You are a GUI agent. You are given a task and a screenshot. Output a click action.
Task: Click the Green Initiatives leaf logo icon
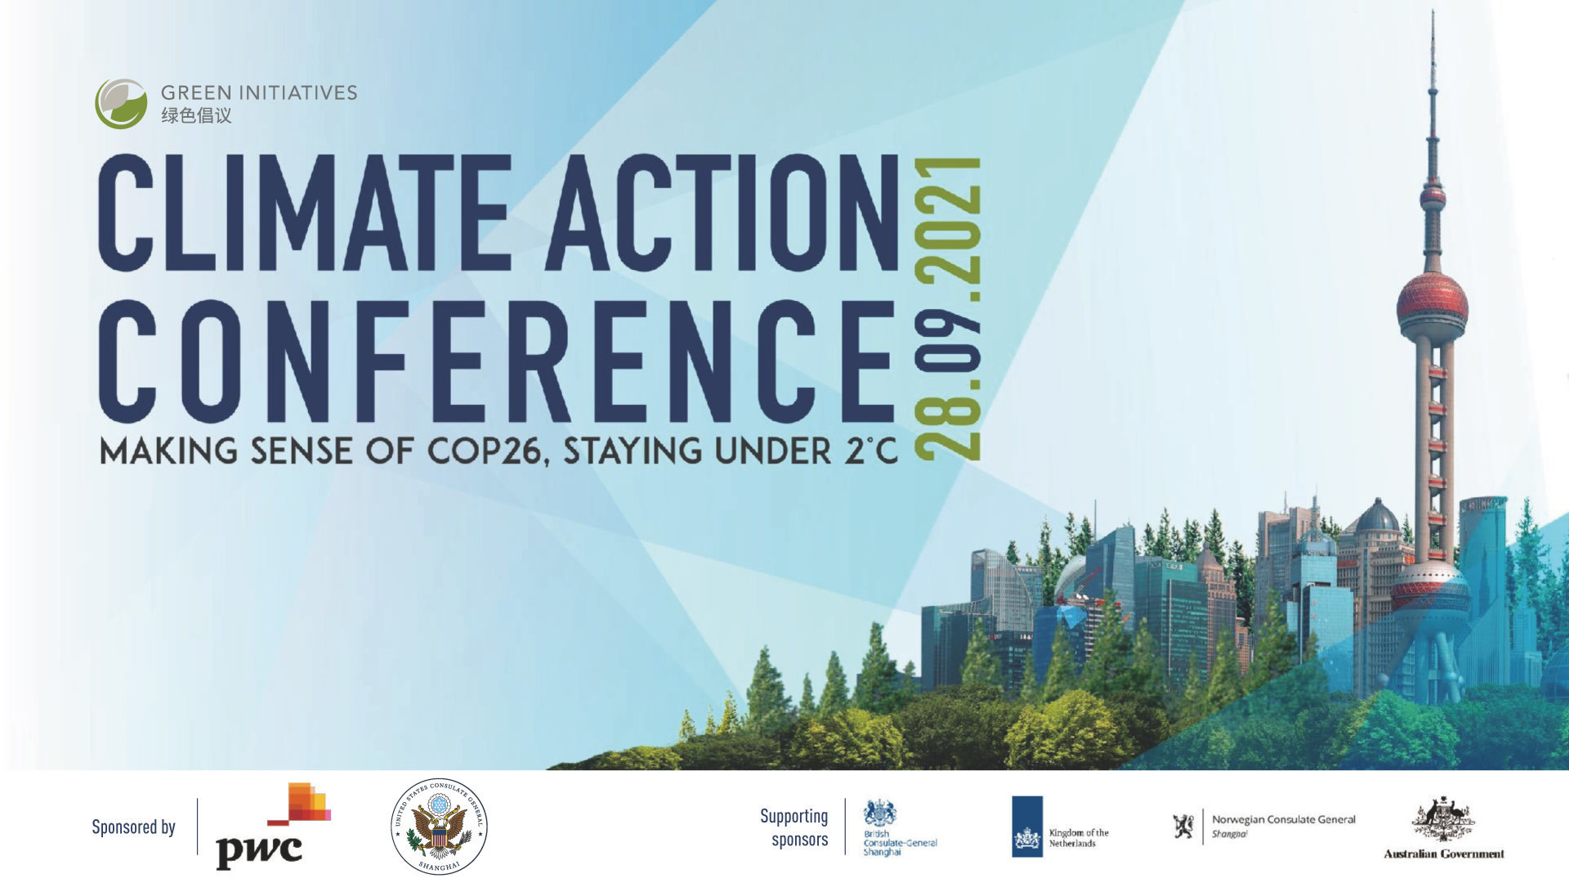pos(121,104)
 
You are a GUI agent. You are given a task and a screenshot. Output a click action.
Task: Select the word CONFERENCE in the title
pos(497,361)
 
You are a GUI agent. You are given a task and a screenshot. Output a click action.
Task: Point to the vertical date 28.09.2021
pos(948,308)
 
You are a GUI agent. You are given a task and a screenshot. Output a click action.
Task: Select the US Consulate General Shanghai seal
pos(439,826)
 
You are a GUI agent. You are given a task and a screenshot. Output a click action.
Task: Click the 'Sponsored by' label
pos(133,827)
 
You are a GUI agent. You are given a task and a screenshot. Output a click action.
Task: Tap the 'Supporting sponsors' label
pos(794,827)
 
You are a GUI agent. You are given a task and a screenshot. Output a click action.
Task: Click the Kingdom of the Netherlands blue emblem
pos(1027,827)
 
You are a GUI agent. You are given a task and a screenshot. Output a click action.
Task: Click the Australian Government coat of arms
pos(1443,818)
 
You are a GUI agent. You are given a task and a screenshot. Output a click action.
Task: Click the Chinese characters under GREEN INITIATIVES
pos(196,115)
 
